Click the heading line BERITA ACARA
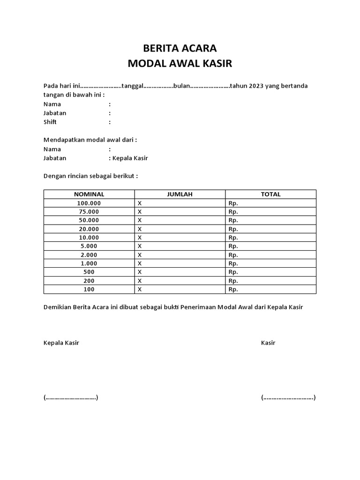180,48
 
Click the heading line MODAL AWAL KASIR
180,63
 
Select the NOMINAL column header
89,194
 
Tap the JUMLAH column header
180,194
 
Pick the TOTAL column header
270,194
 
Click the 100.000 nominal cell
89,203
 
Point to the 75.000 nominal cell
89,211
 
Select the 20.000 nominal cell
89,229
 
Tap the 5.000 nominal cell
89,246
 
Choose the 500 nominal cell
89,272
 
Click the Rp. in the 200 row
233,281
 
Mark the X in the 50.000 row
140,220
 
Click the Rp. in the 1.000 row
233,263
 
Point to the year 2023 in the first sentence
256,86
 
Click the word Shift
50,122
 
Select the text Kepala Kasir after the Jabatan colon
130,158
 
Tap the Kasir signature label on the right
268,343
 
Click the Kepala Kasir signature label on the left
61,343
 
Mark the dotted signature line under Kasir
288,397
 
